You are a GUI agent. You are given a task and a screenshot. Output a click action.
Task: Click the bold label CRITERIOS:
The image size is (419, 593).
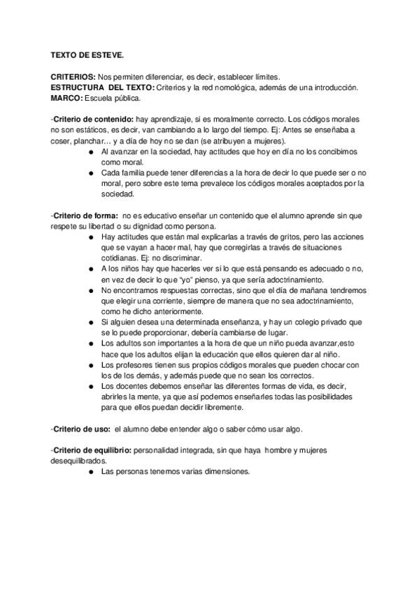[73, 77]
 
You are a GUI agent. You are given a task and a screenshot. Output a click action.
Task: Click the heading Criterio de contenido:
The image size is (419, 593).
[94, 119]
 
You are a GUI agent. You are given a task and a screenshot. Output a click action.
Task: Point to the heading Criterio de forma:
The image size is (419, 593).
[85, 215]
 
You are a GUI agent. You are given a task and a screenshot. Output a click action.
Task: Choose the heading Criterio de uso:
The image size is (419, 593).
[82, 429]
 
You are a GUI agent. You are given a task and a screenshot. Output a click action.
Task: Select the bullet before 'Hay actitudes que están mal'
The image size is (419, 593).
[92, 236]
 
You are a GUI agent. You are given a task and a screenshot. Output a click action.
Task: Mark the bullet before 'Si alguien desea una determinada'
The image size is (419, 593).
[92, 322]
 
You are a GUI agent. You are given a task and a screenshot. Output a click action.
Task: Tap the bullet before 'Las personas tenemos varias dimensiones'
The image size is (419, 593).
[92, 472]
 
